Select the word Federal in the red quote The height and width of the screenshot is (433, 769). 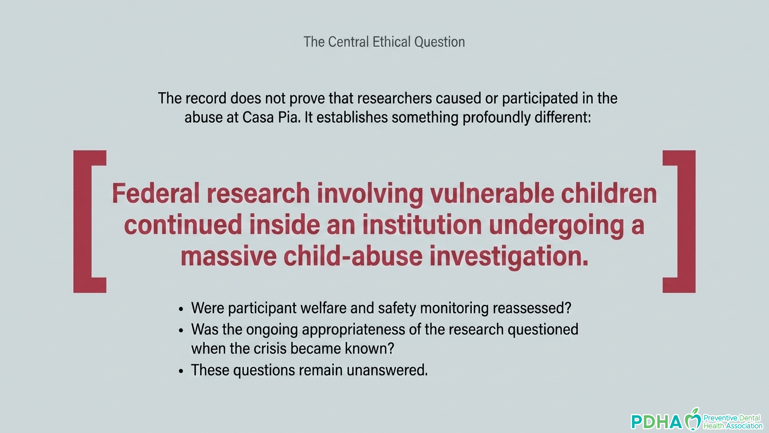coord(155,193)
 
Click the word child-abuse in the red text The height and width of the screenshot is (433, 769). coord(353,257)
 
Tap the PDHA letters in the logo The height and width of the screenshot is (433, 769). coord(657,422)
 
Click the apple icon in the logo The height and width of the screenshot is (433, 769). coord(693,419)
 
